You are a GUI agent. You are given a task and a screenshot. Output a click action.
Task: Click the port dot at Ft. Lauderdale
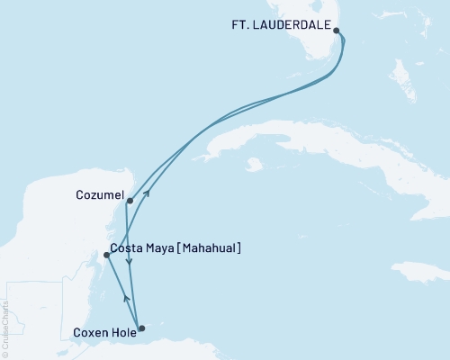coord(337,31)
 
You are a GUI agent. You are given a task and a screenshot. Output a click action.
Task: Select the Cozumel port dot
coord(130,201)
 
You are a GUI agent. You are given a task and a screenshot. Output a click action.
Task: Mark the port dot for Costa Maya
coord(107,255)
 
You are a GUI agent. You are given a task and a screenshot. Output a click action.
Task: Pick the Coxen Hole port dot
coord(141,328)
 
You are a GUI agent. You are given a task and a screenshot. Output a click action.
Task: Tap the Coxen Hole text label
coord(103,332)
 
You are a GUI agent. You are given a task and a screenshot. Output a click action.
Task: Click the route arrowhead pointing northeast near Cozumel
coord(147,192)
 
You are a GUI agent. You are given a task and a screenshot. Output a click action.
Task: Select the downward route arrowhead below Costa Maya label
coord(130,263)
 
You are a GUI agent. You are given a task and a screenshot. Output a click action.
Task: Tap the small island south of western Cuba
coord(254,165)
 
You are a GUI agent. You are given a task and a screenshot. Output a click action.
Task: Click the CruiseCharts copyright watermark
coord(5,328)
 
